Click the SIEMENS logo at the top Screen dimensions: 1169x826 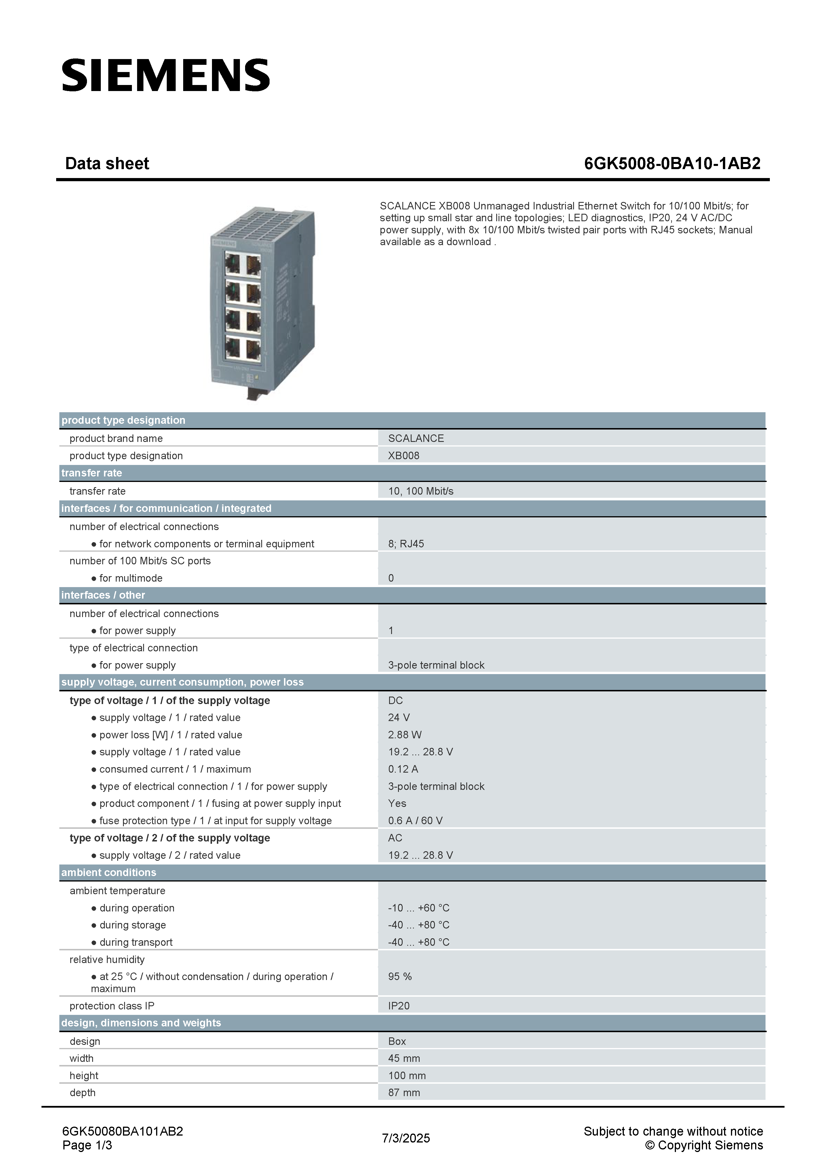[165, 75]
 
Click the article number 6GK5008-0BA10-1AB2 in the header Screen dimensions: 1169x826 [672, 163]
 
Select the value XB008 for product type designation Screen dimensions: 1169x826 [403, 456]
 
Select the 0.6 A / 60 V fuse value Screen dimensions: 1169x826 [415, 821]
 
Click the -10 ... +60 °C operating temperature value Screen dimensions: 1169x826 [418, 908]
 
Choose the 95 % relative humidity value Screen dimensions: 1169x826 [399, 977]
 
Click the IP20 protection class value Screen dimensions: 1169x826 [399, 1006]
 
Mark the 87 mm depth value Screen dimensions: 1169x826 [403, 1093]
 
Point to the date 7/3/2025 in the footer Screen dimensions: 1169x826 [406, 1138]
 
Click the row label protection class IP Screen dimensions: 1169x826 [111, 1006]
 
